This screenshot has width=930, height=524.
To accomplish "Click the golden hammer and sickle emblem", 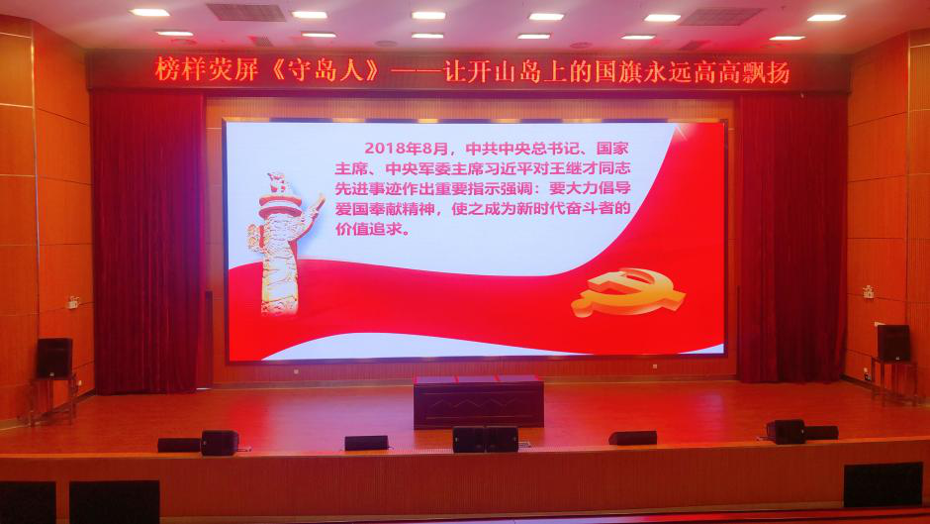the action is coord(627,291).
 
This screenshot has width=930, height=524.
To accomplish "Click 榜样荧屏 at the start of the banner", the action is coord(206,70).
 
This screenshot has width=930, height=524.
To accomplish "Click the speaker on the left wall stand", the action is coord(54,358).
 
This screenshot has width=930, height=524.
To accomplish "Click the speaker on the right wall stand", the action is coord(893,343).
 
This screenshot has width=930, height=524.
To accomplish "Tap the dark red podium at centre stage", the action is coord(478,401).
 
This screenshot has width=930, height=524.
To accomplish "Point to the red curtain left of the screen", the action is coord(148,243).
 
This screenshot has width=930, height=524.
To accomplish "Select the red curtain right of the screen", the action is coord(791,238).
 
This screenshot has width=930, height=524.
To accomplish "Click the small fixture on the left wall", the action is coord(73,302).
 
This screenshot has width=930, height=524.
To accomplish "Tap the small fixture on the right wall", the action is coord(868,291).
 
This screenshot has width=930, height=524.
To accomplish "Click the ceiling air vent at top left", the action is coord(246,13).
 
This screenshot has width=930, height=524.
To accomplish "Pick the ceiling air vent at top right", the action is coord(721,16).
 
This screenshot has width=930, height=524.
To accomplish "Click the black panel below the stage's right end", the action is coord(883,484).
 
